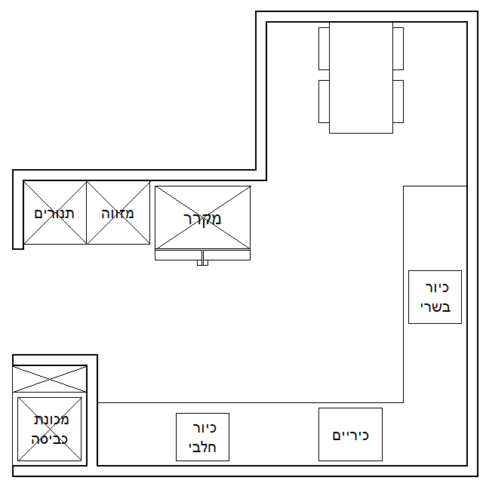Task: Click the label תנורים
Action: pyautogui.click(x=54, y=213)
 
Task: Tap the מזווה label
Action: pyautogui.click(x=118, y=213)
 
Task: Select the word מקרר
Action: pyautogui.click(x=202, y=219)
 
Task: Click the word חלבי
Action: pyautogui.click(x=202, y=446)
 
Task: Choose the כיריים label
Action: pyautogui.click(x=350, y=436)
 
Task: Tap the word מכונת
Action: pyautogui.click(x=51, y=419)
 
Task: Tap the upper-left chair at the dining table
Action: pyautogui.click(x=324, y=48)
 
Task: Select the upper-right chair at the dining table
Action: pyautogui.click(x=398, y=48)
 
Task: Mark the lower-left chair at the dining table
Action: pyautogui.click(x=324, y=101)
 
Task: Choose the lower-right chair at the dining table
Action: pyautogui.click(x=398, y=101)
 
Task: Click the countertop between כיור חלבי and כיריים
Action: pyautogui.click(x=273, y=435)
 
